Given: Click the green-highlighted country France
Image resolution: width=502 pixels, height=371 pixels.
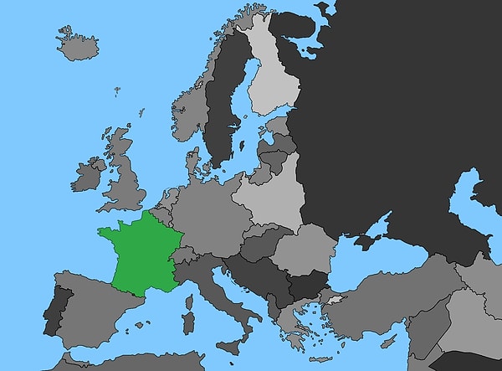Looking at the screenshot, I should tap(138, 255).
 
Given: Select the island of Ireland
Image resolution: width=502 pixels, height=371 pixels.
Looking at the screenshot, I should tap(87, 176).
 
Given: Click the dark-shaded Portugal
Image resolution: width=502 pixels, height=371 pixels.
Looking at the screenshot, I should tap(55, 312).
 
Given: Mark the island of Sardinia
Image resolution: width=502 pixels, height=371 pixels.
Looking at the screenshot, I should tap(188, 322).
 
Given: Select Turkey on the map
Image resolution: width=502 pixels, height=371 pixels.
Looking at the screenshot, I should tap(393, 306).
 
